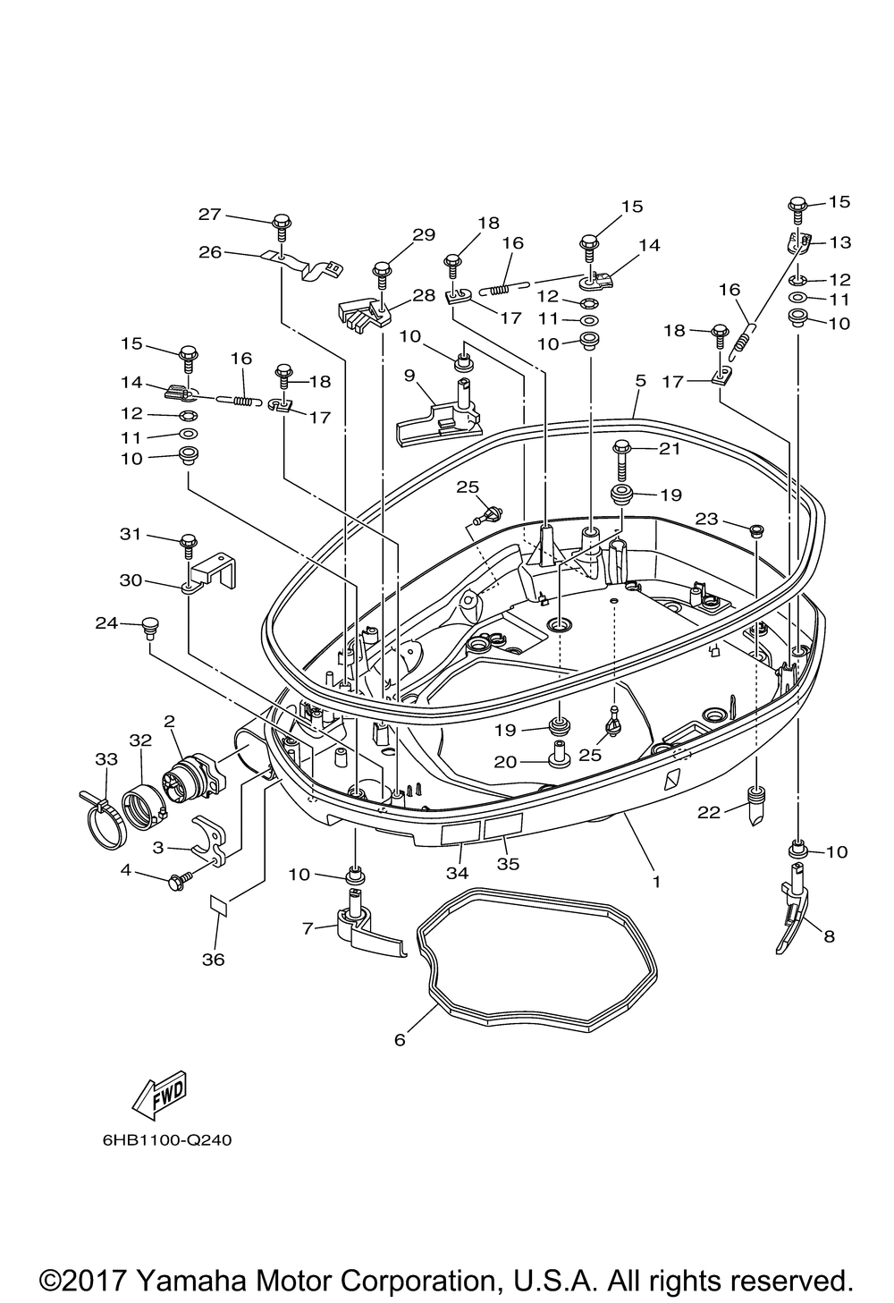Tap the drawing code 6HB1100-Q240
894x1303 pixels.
167,1139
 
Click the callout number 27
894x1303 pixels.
210,215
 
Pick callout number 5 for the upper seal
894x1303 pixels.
640,381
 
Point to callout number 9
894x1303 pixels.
409,376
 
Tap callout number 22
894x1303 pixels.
709,812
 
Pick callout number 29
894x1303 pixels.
424,235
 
